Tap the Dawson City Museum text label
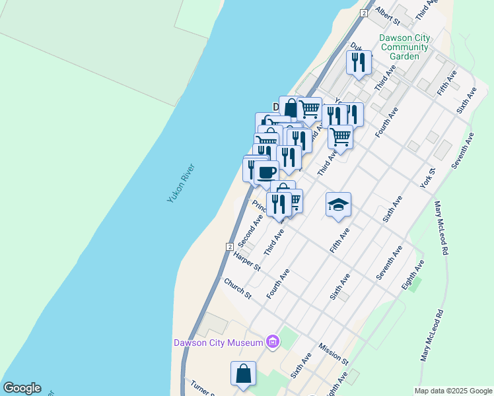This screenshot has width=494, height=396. click(x=218, y=342)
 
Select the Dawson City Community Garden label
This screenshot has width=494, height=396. click(x=404, y=47)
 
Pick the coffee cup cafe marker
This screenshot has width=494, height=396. click(x=267, y=173)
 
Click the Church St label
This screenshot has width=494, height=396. click(x=238, y=288)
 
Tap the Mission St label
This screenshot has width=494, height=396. click(x=333, y=353)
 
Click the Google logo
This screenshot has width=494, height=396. click(x=22, y=388)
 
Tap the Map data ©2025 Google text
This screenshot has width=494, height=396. click(x=452, y=391)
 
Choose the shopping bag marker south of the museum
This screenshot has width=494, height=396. click(x=244, y=373)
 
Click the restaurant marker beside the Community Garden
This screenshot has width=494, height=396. click(x=359, y=62)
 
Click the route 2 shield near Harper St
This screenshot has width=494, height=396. click(x=229, y=246)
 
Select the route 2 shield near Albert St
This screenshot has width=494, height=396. click(x=363, y=13)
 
